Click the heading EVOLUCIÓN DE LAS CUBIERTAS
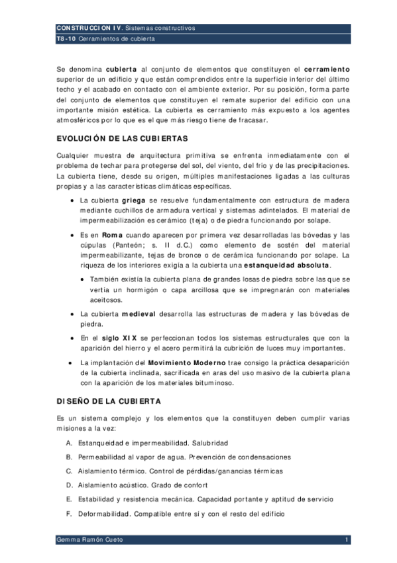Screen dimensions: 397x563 click(x=123, y=139)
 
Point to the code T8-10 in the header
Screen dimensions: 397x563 click(x=67, y=39)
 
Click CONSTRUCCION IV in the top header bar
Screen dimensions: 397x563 click(x=89, y=29)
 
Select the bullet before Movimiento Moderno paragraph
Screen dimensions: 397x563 click(x=70, y=362)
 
